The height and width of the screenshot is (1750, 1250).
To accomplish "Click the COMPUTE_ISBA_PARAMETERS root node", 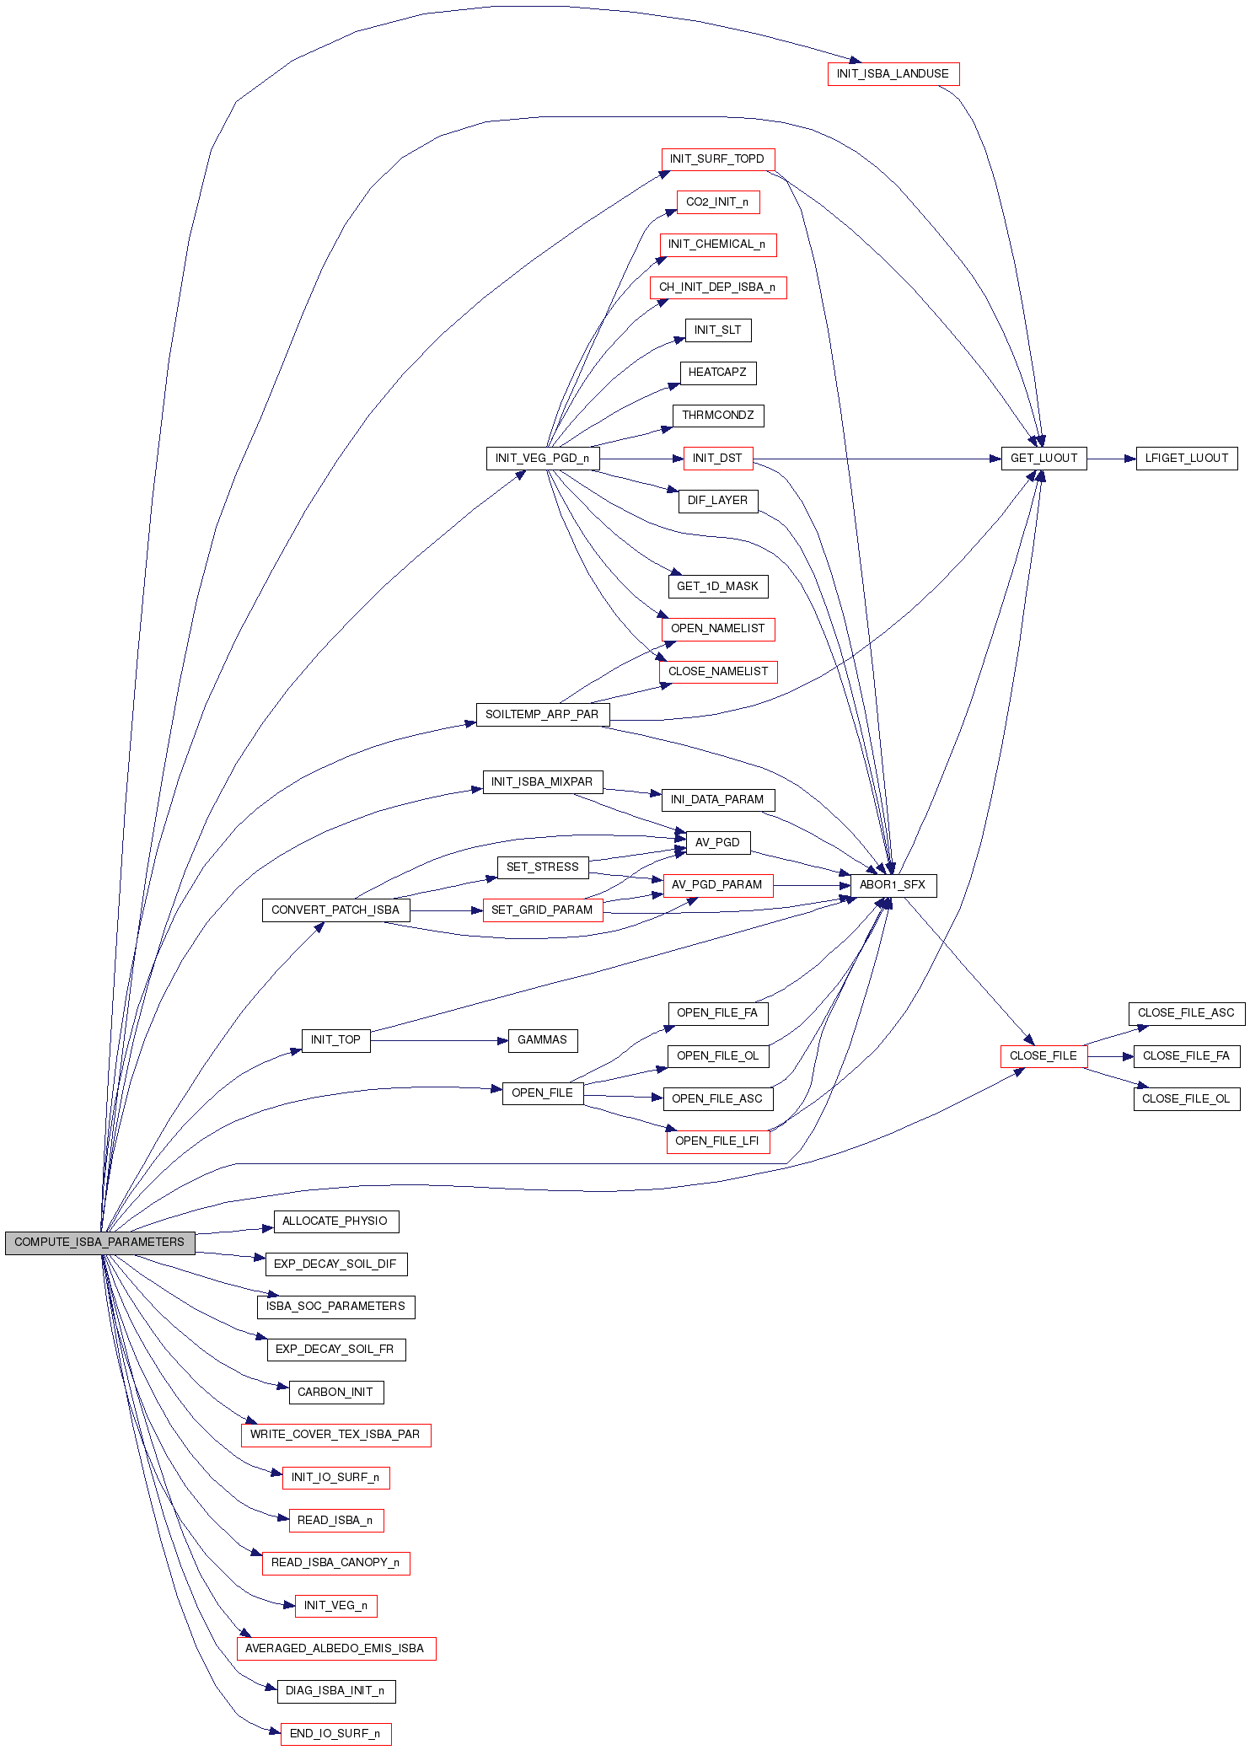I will click(x=99, y=1243).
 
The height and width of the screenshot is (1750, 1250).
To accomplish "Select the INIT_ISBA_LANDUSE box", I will click(x=893, y=74).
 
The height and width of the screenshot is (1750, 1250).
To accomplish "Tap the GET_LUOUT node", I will click(x=1043, y=459).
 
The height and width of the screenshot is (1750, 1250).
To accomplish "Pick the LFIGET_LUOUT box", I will click(x=1186, y=459).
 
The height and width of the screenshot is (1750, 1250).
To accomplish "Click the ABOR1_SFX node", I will click(x=893, y=885).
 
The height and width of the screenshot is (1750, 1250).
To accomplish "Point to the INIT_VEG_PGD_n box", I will click(x=542, y=459).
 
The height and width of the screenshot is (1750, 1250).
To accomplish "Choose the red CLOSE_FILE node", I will click(x=1043, y=1056).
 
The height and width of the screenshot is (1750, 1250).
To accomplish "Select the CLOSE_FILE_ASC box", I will click(x=1186, y=1013).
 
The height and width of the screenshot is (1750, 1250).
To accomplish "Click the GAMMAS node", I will click(x=542, y=1040).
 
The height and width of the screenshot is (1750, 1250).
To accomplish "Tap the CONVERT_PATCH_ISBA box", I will click(x=335, y=910).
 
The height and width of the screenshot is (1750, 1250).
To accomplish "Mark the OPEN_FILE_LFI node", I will click(x=717, y=1141).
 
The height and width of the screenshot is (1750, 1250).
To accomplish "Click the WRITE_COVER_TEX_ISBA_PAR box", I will click(x=335, y=1435).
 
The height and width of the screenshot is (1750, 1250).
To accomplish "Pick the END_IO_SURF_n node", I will click(x=335, y=1734).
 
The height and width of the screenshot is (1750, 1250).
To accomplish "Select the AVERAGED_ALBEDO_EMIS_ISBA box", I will click(x=335, y=1649).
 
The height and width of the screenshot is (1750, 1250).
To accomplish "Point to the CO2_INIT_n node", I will click(x=717, y=202).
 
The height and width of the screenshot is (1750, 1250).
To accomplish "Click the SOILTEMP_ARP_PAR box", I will click(x=542, y=715).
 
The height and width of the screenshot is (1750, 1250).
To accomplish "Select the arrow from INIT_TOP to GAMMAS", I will click(x=438, y=1041).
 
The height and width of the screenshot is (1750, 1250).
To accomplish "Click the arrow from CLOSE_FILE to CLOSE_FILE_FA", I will click(x=1110, y=1056).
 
